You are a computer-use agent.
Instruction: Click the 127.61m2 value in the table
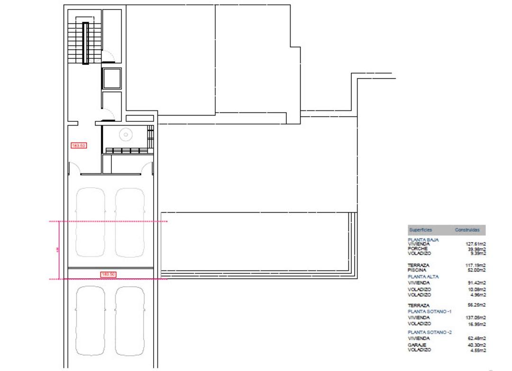tap(476, 244)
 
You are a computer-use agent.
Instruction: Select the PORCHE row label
tap(418, 249)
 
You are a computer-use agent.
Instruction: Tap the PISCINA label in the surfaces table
tap(417, 270)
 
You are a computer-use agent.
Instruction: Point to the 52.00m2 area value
tap(476, 270)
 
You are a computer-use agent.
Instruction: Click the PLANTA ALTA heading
tap(423, 276)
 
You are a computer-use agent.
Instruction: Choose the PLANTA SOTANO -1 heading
tap(430, 312)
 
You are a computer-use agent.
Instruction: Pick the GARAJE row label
tap(417, 345)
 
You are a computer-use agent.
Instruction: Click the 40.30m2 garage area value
tap(476, 345)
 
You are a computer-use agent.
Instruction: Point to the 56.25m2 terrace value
tap(476, 306)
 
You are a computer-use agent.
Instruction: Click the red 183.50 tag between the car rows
tap(109, 274)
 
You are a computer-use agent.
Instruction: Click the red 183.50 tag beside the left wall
tap(78, 145)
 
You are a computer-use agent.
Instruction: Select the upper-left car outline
tap(91, 221)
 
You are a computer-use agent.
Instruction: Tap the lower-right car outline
tap(130, 321)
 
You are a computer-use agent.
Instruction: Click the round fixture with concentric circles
tap(126, 135)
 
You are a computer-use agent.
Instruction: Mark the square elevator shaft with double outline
tap(112, 78)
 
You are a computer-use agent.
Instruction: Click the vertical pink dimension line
tap(59, 250)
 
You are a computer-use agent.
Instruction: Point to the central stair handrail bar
tap(85, 43)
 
